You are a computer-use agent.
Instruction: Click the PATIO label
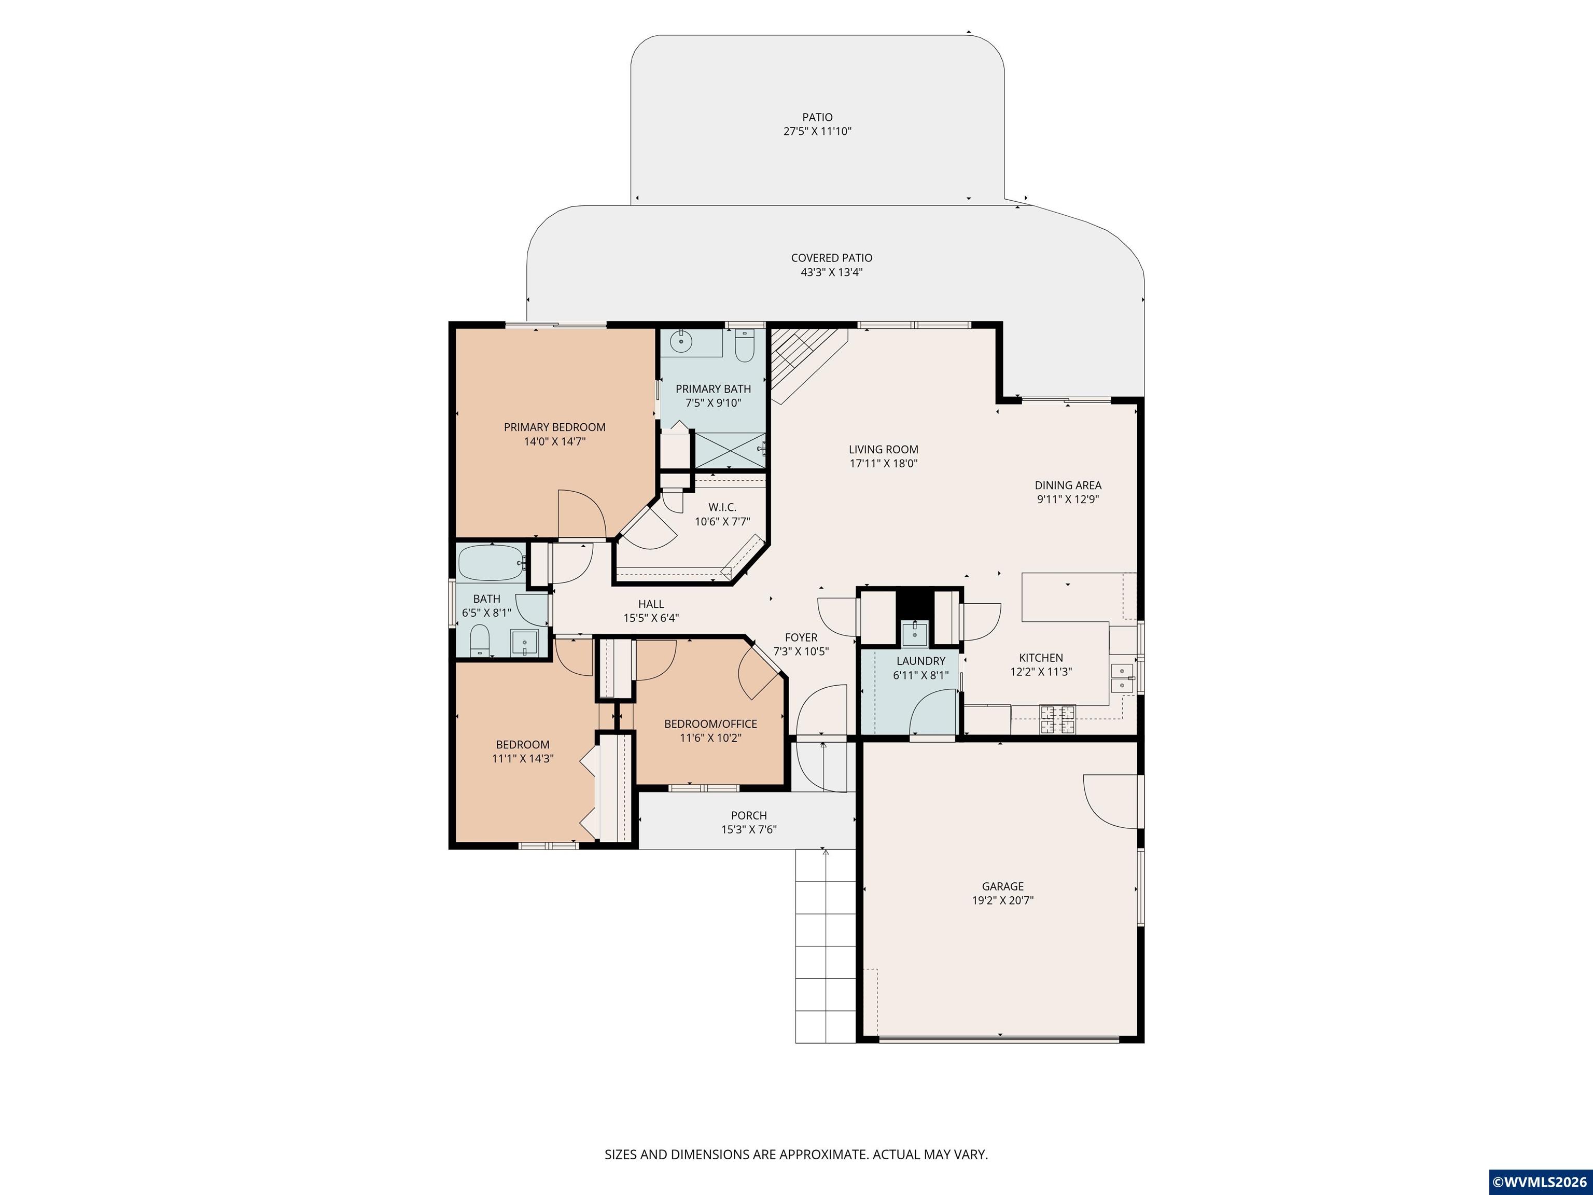pos(817,117)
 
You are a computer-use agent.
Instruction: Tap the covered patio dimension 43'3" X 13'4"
pos(832,272)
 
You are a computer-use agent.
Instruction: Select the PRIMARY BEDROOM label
pos(554,427)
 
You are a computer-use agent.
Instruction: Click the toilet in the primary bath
pos(744,346)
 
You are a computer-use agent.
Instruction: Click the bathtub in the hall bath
pos(492,563)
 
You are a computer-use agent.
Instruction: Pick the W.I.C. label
pos(722,508)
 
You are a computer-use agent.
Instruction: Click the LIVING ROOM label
pos(884,450)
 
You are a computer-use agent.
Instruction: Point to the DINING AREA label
pos(1068,485)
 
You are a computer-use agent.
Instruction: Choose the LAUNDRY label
pos(921,661)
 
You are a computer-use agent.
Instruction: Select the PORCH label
pos(749,815)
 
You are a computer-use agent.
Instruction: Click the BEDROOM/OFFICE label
pos(711,724)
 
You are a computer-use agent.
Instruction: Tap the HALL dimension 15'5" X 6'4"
pos(651,618)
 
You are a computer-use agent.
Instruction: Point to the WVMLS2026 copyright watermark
pos(1540,1182)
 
